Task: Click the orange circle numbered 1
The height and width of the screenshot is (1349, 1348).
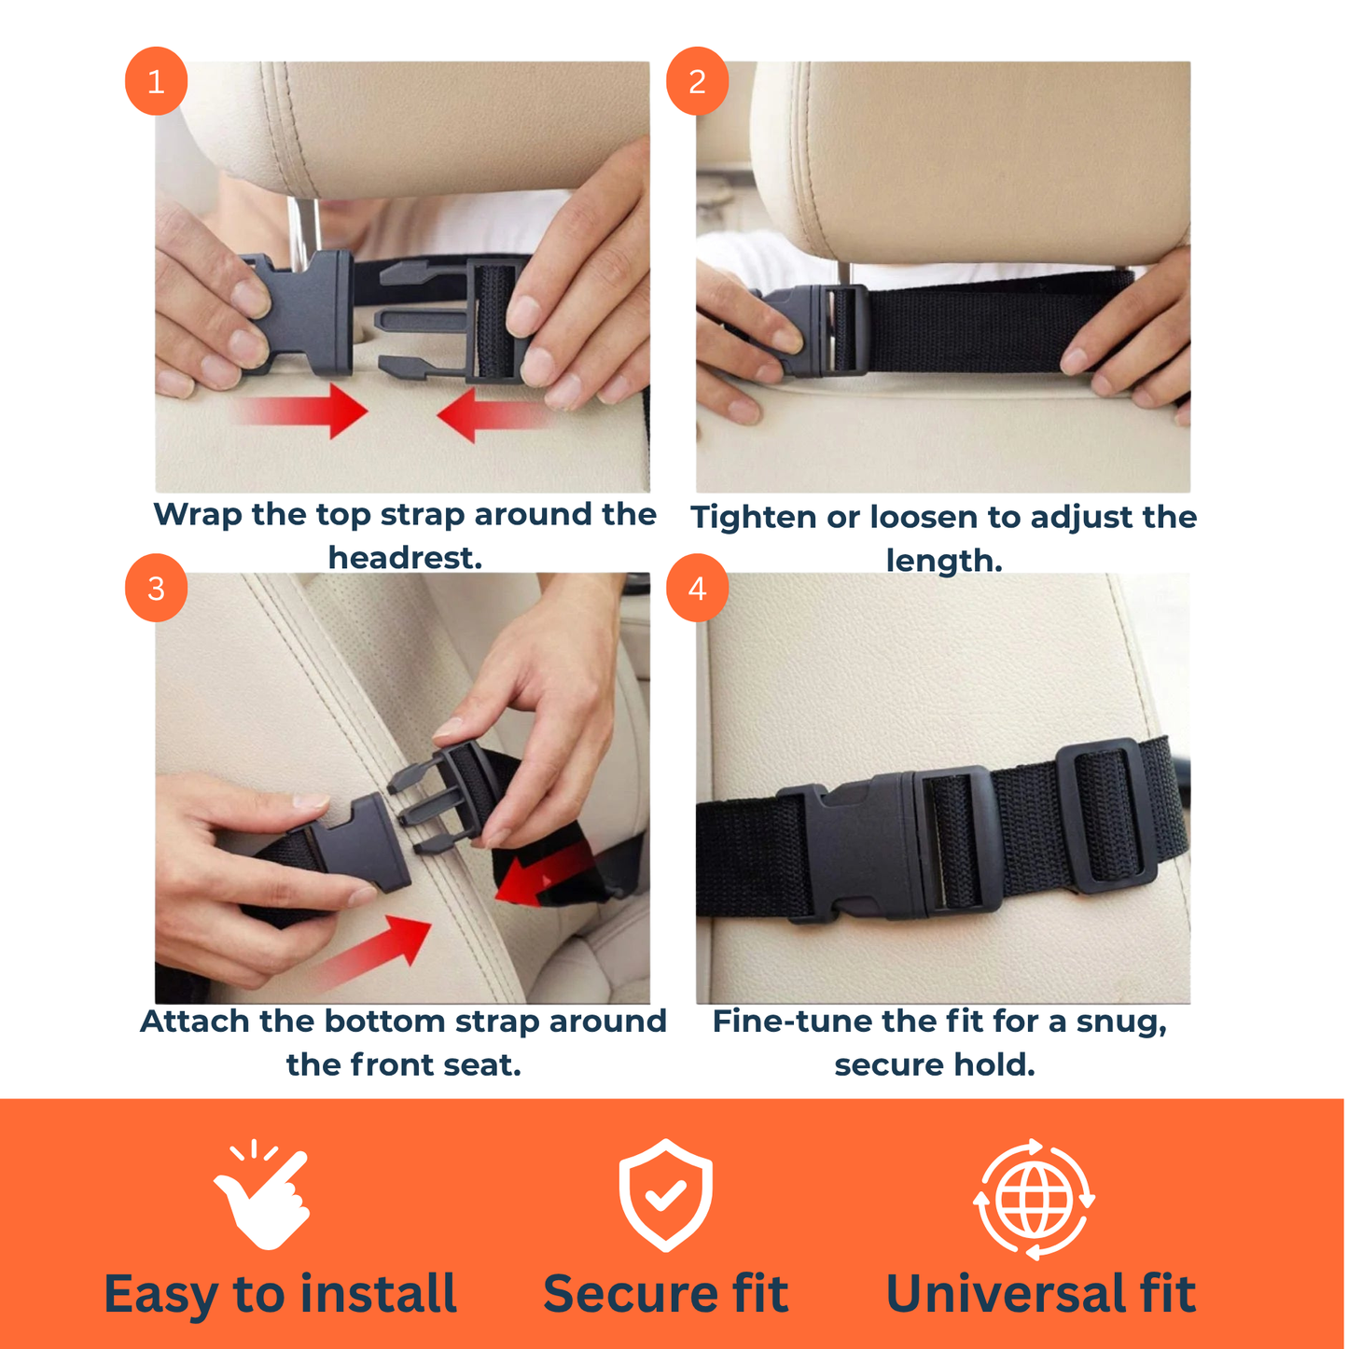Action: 156,82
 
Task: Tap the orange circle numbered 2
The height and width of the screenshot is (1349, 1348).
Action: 697,82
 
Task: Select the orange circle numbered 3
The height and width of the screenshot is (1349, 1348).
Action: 156,589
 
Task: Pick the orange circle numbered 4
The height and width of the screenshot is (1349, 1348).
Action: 697,589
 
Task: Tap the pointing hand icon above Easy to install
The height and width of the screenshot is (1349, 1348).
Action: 262,1196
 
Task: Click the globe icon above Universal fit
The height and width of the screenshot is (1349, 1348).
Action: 1034,1199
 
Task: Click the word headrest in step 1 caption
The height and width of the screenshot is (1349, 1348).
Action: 405,558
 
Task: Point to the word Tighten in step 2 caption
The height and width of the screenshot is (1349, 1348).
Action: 752,517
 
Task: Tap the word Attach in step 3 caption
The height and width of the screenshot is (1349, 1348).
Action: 197,1022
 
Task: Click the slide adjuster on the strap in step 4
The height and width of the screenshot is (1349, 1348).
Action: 1104,815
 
